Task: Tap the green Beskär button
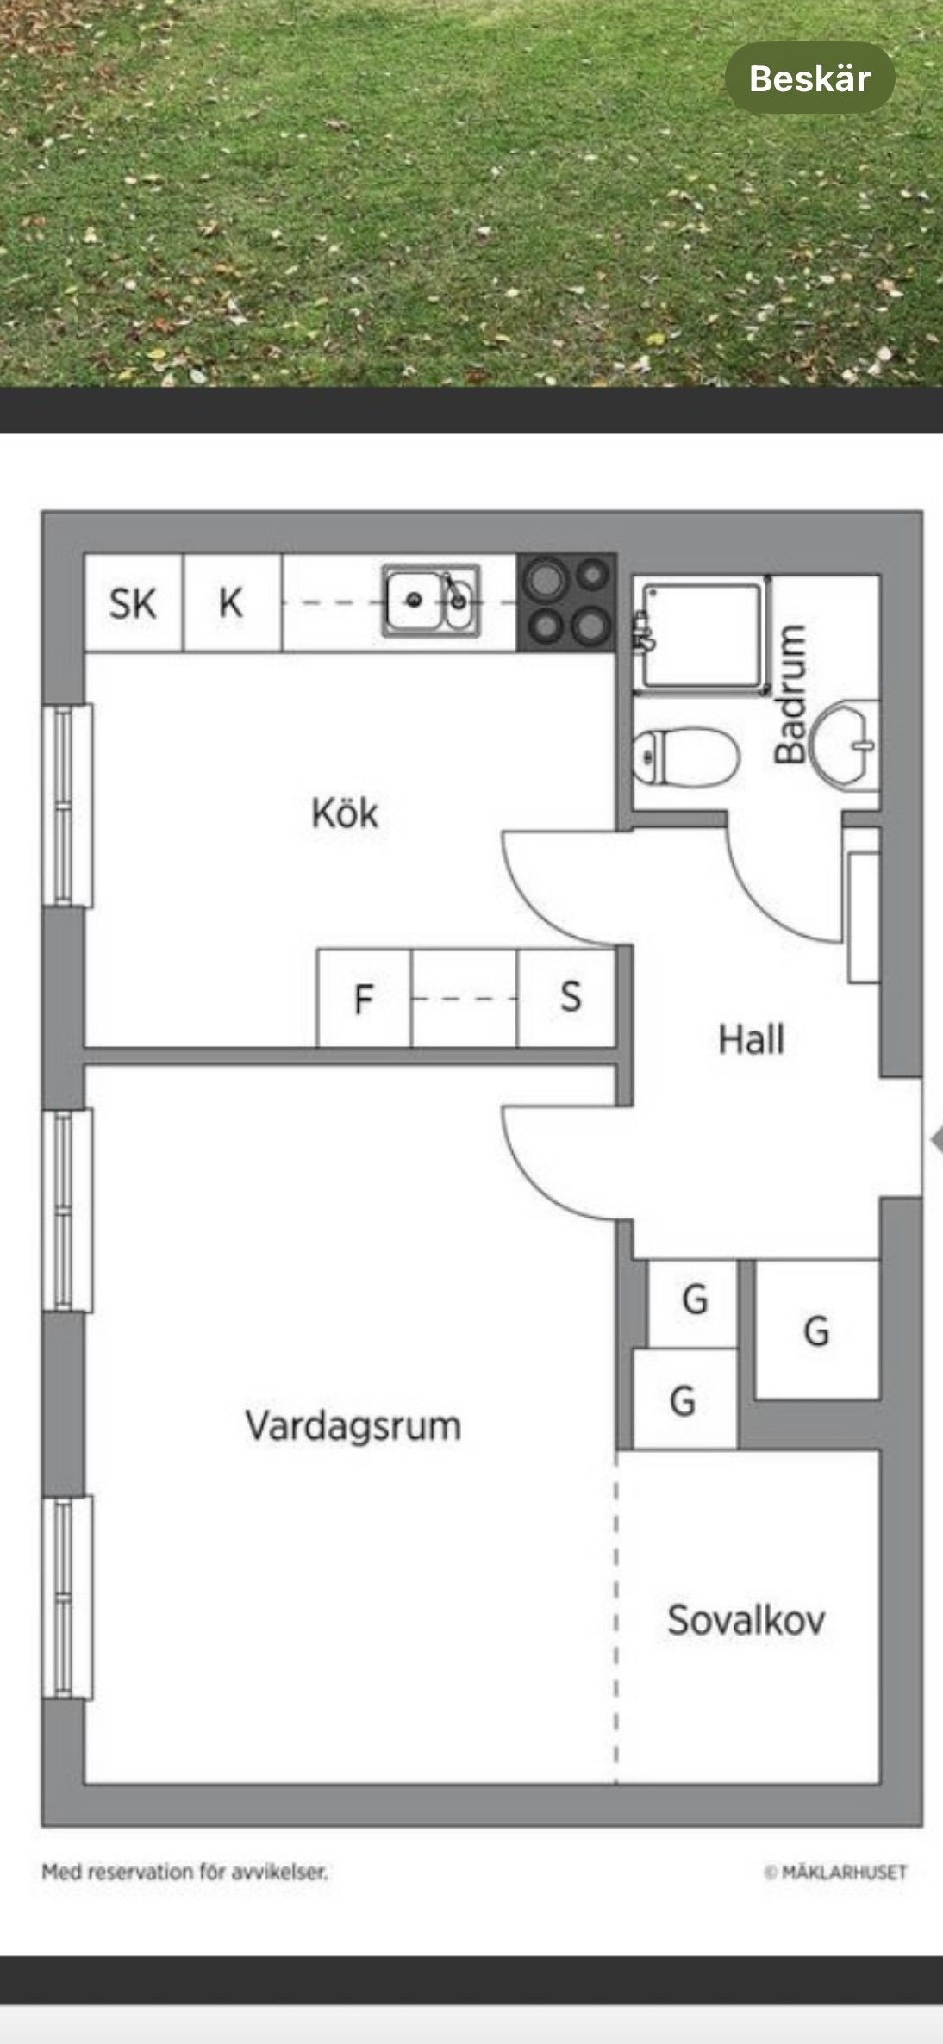(809, 78)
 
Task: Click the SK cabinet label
(133, 603)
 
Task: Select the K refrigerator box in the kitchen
(231, 602)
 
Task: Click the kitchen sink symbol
(431, 601)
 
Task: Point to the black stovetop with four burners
(566, 601)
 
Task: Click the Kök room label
(345, 813)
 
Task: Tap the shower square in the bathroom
(703, 635)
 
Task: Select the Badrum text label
(791, 695)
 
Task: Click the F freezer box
(364, 999)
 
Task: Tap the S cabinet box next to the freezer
(570, 997)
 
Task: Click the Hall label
(752, 1040)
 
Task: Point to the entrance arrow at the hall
(936, 1140)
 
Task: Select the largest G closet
(816, 1330)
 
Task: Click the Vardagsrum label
(353, 1425)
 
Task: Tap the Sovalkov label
(746, 1620)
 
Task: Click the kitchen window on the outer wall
(68, 805)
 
